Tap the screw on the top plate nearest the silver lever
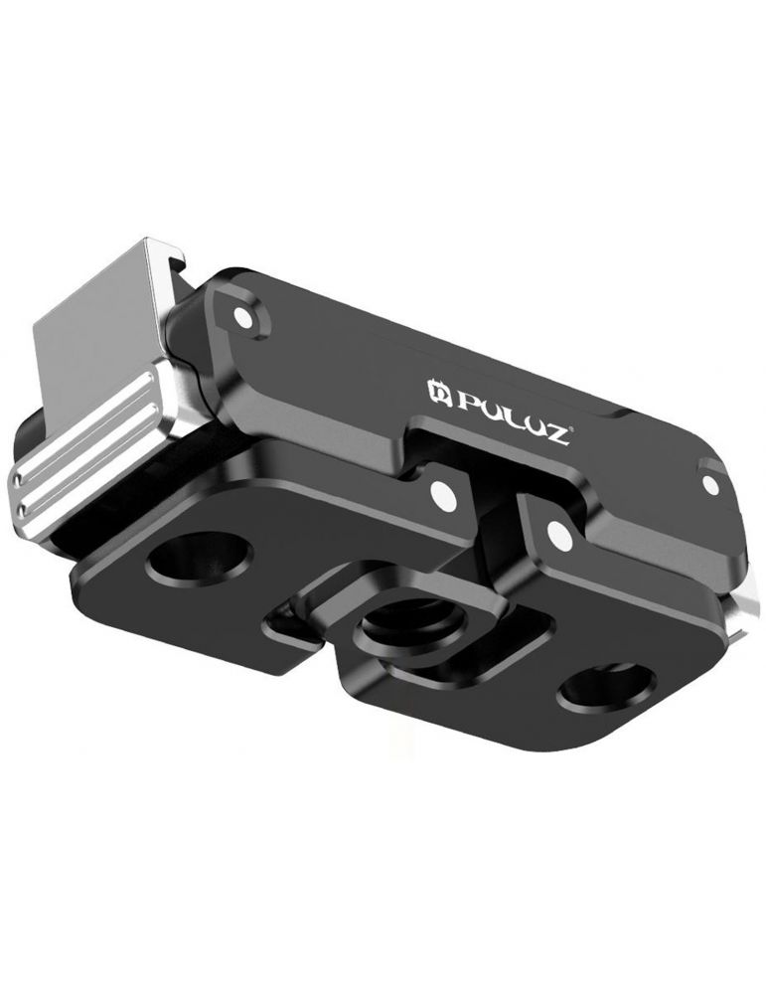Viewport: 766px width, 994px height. tap(241, 317)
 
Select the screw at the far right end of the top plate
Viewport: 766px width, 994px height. tap(709, 483)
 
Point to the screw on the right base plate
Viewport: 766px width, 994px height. tap(559, 538)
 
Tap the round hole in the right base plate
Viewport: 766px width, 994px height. tap(604, 687)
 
